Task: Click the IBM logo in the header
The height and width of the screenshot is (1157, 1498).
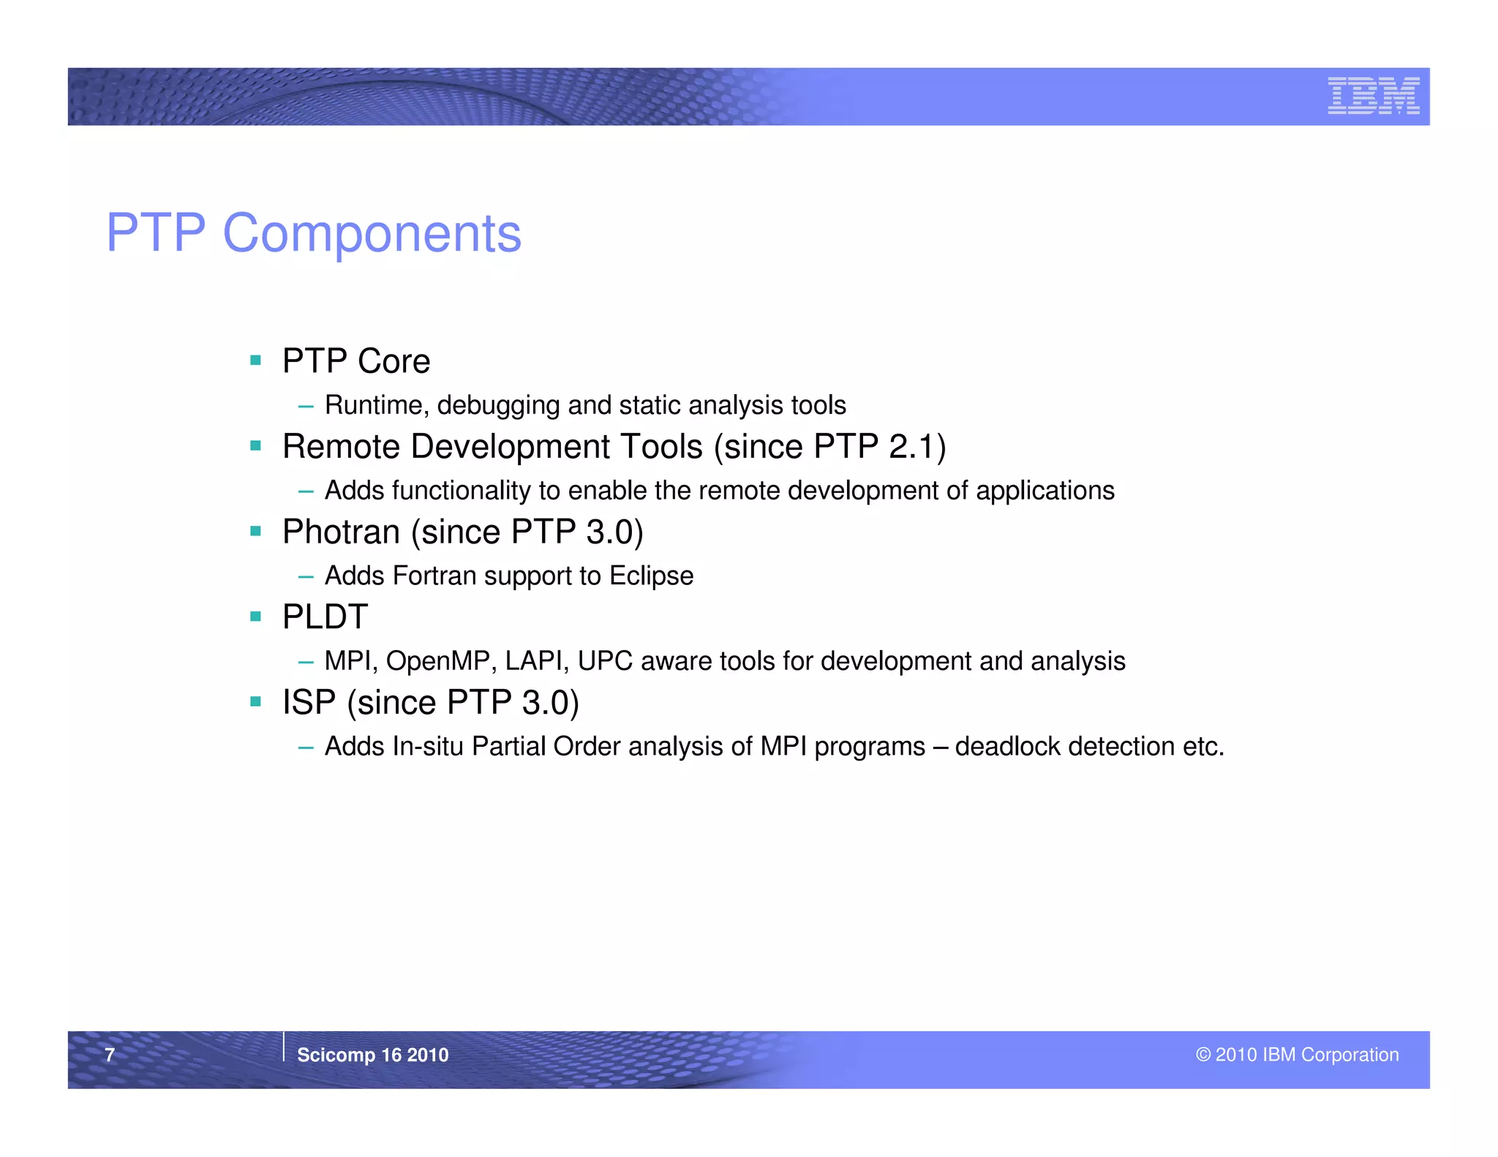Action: pos(1373,96)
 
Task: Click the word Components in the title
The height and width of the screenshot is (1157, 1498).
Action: pos(372,233)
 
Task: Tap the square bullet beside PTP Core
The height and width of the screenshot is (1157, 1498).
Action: pos(255,360)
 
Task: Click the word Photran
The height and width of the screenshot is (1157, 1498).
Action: pos(341,532)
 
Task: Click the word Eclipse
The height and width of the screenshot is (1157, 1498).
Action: pos(651,576)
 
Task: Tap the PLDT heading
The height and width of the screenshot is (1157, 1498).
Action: pos(325,617)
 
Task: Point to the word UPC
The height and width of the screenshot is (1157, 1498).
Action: pos(605,661)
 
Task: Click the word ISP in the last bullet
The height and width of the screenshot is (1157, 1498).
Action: pos(309,703)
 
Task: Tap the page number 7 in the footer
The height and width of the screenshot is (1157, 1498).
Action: pos(110,1055)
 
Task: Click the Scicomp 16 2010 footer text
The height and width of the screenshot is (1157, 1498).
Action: pos(372,1055)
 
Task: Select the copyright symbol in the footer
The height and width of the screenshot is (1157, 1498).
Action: pos(1203,1055)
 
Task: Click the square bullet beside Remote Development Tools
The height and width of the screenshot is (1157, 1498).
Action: pos(255,445)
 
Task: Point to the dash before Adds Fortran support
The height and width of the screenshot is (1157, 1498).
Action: pos(306,577)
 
